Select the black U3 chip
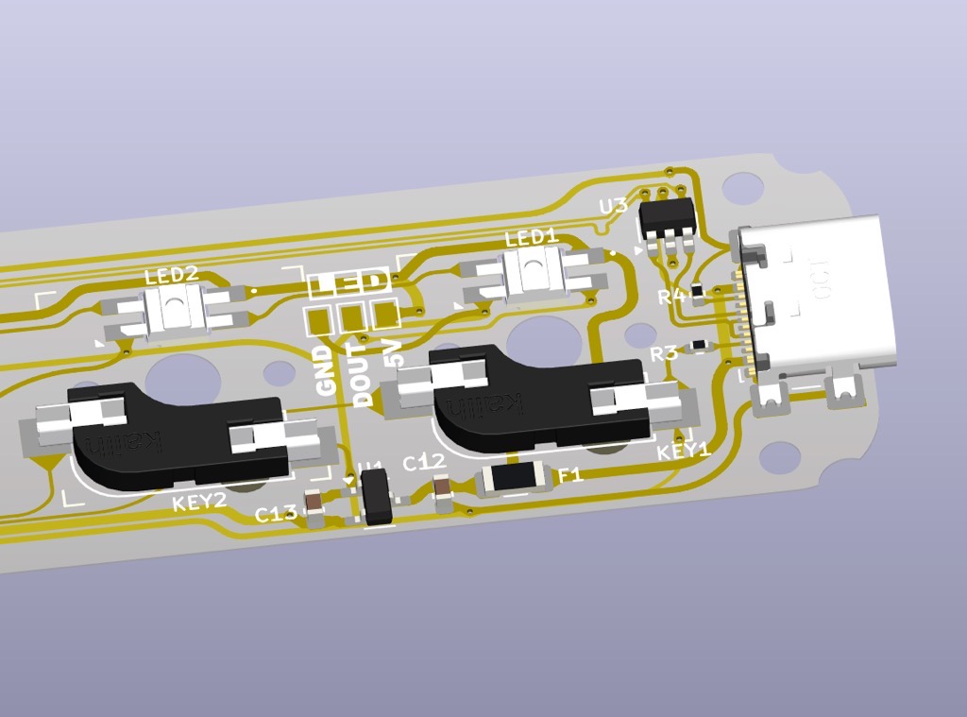[x=668, y=217]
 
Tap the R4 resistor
[x=698, y=291]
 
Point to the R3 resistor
[x=698, y=346]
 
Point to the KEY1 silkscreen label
[x=684, y=451]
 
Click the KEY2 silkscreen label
[x=199, y=501]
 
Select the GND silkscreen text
[x=326, y=370]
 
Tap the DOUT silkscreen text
[x=363, y=377]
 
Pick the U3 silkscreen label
[x=613, y=206]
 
